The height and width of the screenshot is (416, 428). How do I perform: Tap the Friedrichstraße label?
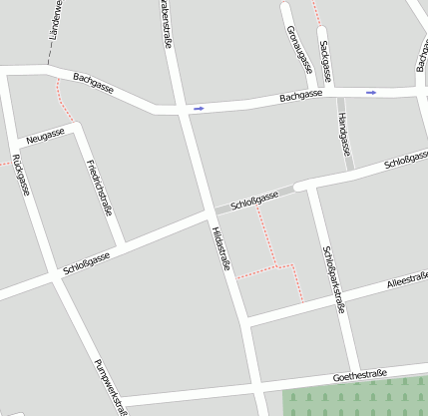100,187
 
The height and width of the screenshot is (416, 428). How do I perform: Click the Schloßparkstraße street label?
333,279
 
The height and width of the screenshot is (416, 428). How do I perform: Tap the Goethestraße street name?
360,376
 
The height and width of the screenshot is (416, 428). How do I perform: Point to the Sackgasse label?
327,60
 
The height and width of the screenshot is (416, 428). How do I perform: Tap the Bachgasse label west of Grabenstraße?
94,84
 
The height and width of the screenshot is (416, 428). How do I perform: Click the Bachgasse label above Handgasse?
301,96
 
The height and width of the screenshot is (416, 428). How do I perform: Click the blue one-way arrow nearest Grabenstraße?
199,108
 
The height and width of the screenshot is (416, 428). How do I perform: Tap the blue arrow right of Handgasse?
371,93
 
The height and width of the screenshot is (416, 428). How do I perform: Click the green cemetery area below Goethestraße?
354,399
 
